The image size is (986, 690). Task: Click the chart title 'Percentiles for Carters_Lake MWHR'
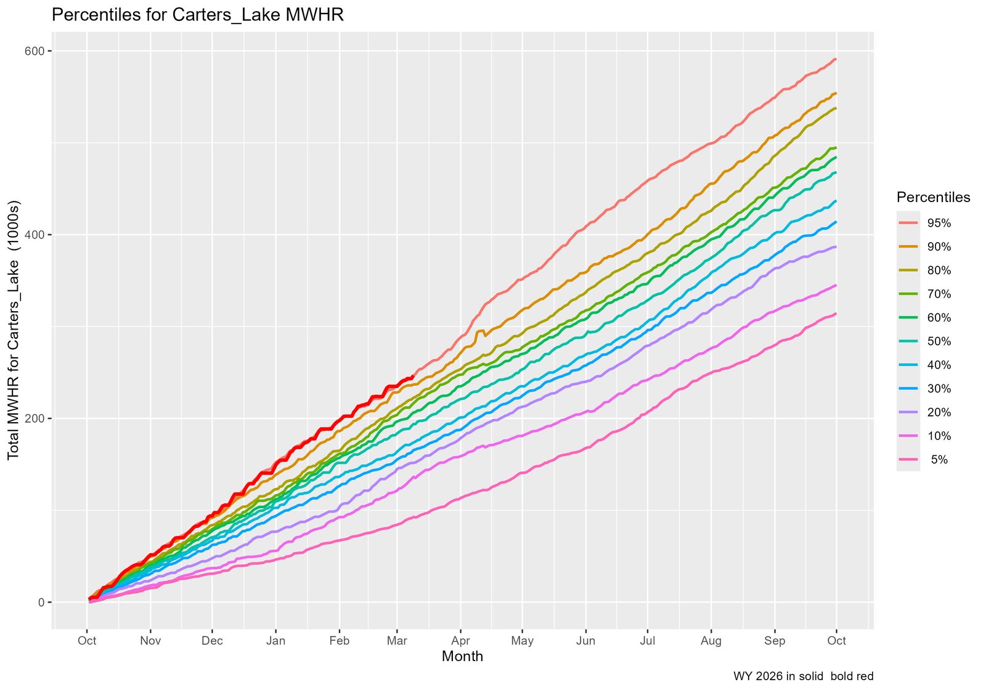(197, 15)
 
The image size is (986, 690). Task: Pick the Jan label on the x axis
(275, 641)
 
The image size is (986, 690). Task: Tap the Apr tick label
(460, 641)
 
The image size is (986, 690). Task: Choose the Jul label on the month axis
(648, 641)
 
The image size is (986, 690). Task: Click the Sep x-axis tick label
(775, 641)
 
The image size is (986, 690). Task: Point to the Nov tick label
(150, 641)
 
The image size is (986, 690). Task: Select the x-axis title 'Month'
(462, 656)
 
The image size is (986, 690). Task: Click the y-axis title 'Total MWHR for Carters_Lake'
(14, 330)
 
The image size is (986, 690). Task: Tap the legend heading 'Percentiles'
(933, 197)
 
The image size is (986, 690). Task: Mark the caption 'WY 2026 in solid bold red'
(803, 676)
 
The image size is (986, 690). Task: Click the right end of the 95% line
(835, 59)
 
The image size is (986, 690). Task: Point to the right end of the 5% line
(835, 314)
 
